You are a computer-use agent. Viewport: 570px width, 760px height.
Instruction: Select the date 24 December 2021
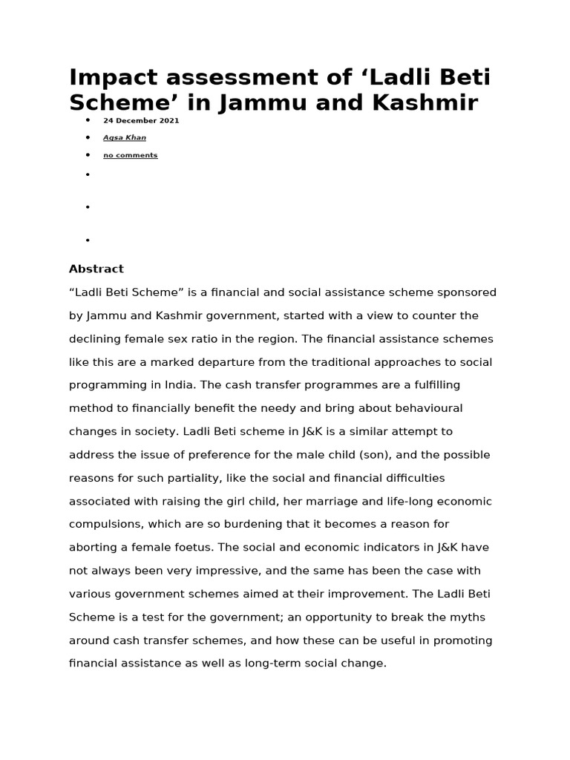[x=141, y=120]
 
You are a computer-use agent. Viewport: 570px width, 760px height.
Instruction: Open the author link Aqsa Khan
[x=124, y=137]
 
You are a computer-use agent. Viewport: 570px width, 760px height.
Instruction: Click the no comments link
[x=130, y=155]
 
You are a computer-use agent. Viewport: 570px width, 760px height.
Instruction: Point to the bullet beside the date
[x=88, y=120]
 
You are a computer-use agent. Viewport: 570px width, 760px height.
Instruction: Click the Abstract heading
[x=96, y=269]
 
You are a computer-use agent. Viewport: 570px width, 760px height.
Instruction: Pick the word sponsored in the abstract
[x=465, y=292]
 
